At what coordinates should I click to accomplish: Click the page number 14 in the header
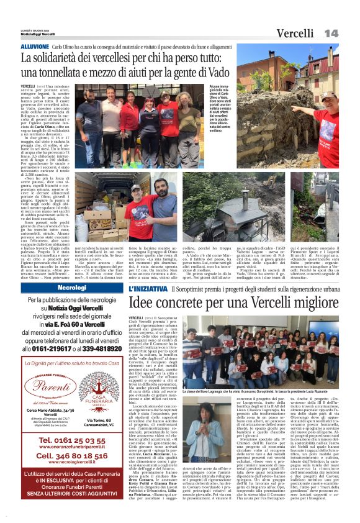pyautogui.click(x=331, y=32)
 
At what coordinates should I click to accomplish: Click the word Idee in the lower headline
pyautogui.click(x=146, y=304)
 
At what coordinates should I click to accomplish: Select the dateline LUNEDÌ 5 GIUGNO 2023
pyautogui.click(x=35, y=29)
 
